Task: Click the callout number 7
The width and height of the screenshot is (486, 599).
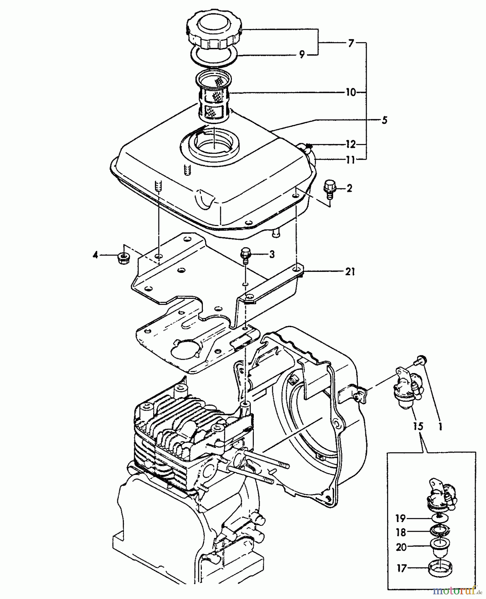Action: pos(351,43)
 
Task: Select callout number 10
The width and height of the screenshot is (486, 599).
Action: pos(350,92)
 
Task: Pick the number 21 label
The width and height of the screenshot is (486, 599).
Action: pos(349,272)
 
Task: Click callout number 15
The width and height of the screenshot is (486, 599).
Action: pos(418,426)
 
